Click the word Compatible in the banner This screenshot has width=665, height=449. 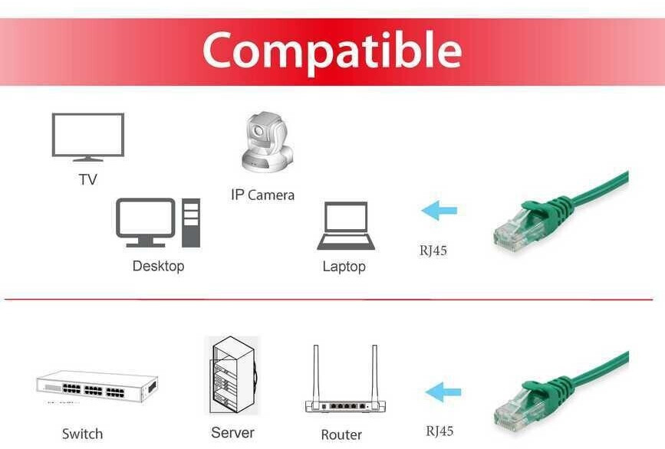click(x=331, y=51)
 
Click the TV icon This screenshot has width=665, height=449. click(x=87, y=136)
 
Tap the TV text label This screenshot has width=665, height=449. click(x=88, y=180)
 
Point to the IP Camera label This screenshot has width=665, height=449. click(x=262, y=195)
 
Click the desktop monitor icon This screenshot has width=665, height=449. click(x=145, y=221)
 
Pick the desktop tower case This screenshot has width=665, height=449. click(x=190, y=223)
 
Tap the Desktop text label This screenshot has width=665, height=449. click(x=158, y=267)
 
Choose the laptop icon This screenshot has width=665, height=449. click(x=346, y=226)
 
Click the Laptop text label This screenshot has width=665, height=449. click(x=344, y=267)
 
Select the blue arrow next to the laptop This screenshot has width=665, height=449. click(x=439, y=210)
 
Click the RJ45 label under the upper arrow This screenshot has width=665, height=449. click(x=433, y=250)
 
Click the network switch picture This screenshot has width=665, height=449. click(x=97, y=386)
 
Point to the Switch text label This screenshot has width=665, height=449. click(x=82, y=434)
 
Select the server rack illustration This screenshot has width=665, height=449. click(x=233, y=375)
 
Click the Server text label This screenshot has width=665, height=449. click(x=232, y=433)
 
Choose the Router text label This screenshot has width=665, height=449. click(x=341, y=434)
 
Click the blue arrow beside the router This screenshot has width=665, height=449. click(x=443, y=392)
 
